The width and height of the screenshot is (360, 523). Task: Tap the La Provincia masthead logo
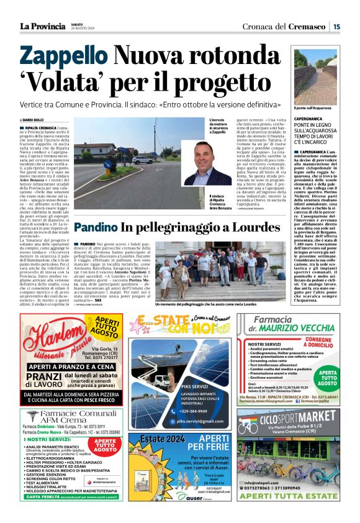click(x=42, y=26)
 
